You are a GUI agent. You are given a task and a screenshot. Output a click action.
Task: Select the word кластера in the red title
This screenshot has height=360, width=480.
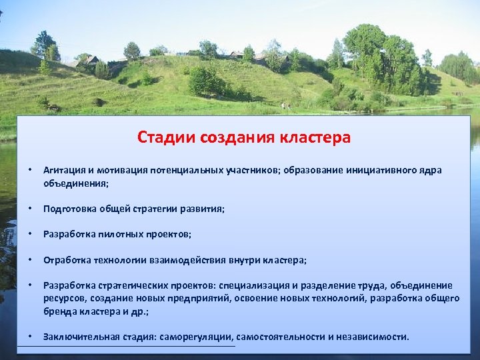pyautogui.click(x=311, y=137)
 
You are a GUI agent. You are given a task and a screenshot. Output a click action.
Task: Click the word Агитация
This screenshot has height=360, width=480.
pyautogui.click(x=65, y=170)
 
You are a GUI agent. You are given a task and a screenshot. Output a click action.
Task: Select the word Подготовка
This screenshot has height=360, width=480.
pyautogui.click(x=69, y=209)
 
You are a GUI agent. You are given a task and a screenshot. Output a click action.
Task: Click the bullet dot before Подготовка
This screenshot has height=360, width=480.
pyautogui.click(x=30, y=209)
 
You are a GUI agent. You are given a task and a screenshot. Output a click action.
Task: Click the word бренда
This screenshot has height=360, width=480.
pyautogui.click(x=59, y=311)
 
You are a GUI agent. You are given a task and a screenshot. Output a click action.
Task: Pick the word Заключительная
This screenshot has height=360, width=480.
pyautogui.click(x=81, y=337)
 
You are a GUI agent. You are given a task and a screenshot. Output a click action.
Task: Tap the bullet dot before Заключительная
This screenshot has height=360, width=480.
pyautogui.click(x=30, y=335)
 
